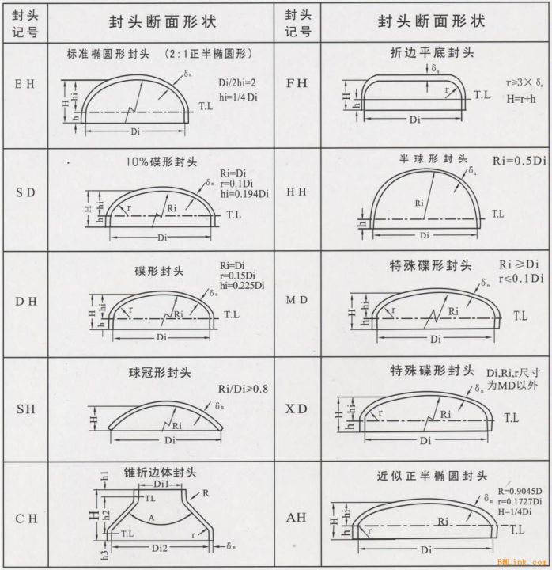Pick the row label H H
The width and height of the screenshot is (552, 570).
[295, 193]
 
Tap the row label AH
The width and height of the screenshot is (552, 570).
[295, 519]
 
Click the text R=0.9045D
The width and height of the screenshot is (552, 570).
[520, 492]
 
